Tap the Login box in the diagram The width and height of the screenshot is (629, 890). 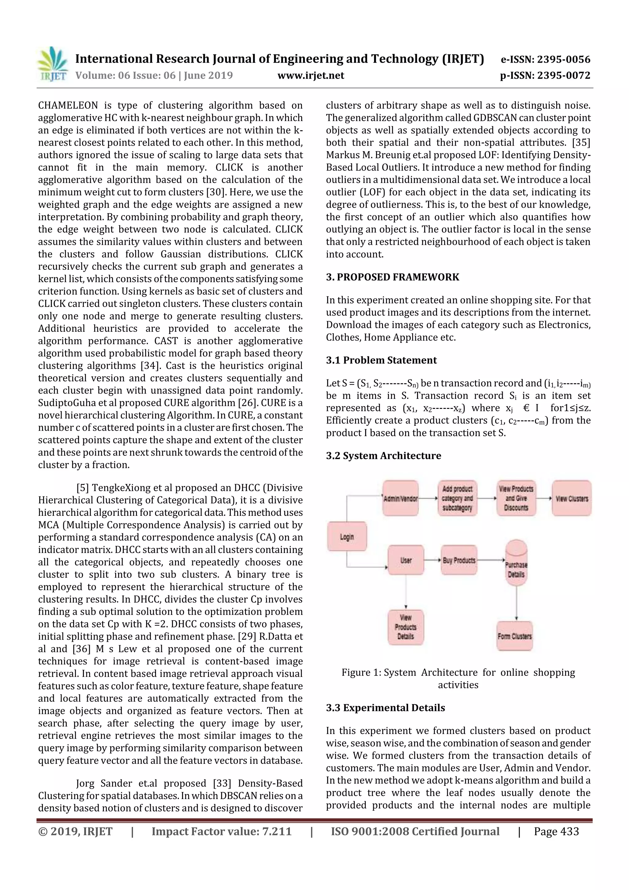click(347, 536)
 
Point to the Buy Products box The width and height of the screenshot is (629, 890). click(459, 560)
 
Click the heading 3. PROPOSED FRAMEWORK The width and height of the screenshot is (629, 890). click(392, 277)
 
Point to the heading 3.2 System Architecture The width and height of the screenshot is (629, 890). click(383, 456)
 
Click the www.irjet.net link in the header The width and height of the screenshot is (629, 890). click(311, 75)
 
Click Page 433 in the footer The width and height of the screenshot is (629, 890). click(556, 831)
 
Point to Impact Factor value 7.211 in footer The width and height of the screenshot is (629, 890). click(221, 831)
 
